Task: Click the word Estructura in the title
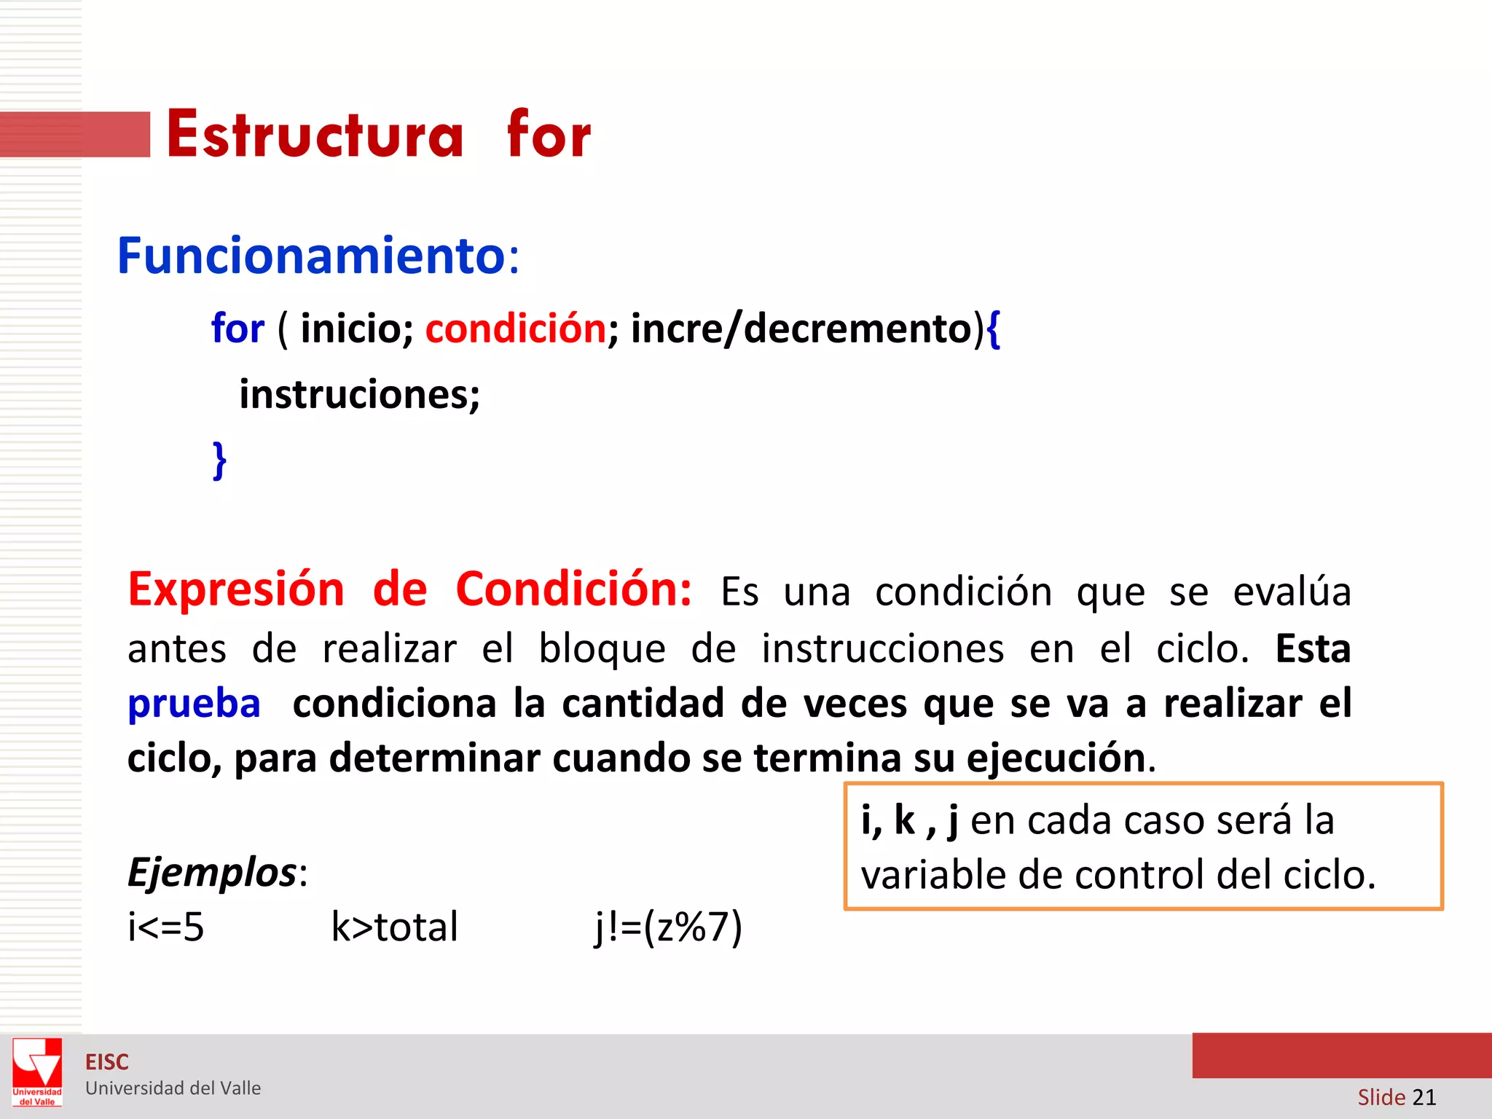[315, 134]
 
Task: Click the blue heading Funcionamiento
[311, 256]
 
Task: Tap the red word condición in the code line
[516, 329]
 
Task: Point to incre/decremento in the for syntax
[801, 329]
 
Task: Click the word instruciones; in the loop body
[359, 395]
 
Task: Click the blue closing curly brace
[219, 460]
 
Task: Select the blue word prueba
[194, 704]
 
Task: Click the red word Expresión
[236, 589]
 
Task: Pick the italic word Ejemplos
[212, 872]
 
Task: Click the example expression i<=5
[165, 927]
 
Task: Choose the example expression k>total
[394, 927]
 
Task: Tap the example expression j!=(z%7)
[668, 927]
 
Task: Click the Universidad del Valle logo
[37, 1072]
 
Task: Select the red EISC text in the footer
[107, 1062]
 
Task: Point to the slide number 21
[1424, 1097]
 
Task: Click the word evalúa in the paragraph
[1292, 592]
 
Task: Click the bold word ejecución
[1056, 758]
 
